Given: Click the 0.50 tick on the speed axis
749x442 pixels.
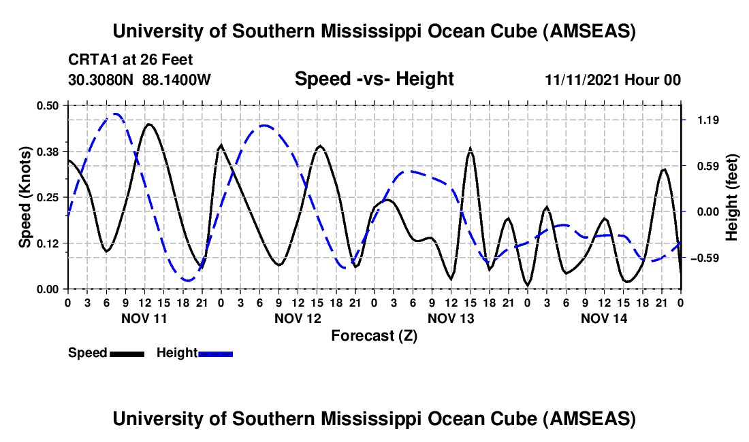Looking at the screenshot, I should pyautogui.click(x=48, y=105).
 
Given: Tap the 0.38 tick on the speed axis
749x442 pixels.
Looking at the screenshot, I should pyautogui.click(x=48, y=151).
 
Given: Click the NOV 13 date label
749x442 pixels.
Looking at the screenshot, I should pyautogui.click(x=451, y=318).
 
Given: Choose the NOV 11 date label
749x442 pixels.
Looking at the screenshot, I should pyautogui.click(x=144, y=318).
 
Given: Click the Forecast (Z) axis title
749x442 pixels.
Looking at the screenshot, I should pyautogui.click(x=374, y=335).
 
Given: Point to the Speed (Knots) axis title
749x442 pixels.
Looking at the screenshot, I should pyautogui.click(x=25, y=197).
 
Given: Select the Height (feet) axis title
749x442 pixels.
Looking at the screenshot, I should pyautogui.click(x=732, y=197).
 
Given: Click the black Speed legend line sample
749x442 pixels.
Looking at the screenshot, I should pyautogui.click(x=127, y=354).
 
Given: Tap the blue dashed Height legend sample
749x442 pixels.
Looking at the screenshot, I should pyautogui.click(x=215, y=354).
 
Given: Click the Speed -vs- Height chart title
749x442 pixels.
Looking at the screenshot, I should pyautogui.click(x=374, y=79).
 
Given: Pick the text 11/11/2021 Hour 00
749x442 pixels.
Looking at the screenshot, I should pyautogui.click(x=613, y=80).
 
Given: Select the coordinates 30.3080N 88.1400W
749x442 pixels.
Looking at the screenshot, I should pyautogui.click(x=140, y=80).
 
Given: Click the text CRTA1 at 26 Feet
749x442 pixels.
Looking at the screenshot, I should pyautogui.click(x=130, y=59).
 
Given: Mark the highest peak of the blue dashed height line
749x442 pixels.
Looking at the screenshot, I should pyautogui.click(x=116, y=114).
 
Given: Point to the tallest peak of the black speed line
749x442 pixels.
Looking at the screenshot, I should pyautogui.click(x=148, y=124).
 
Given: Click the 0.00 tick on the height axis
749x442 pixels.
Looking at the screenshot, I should pyautogui.click(x=707, y=212).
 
